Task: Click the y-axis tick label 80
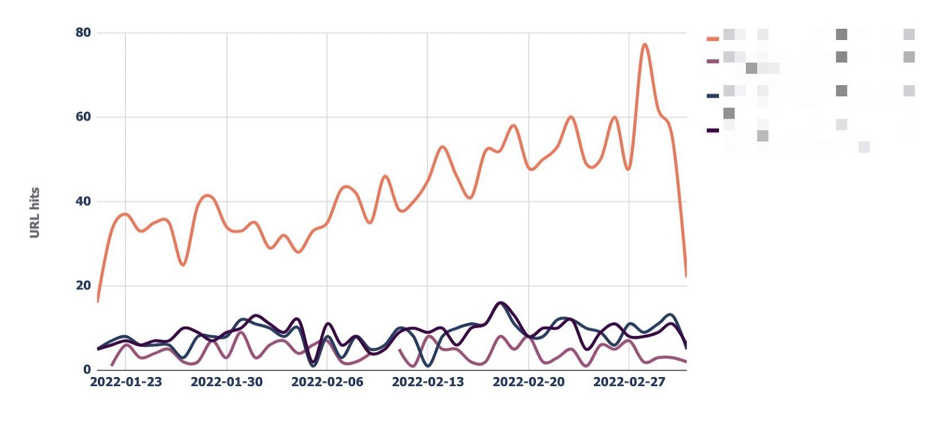(83, 32)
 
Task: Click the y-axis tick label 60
(83, 116)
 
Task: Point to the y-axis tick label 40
(83, 201)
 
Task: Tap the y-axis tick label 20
(83, 286)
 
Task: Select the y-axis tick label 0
(87, 370)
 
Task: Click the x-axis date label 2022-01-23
(126, 382)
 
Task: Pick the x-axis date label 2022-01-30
(227, 382)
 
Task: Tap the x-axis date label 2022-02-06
(327, 382)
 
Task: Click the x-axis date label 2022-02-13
(428, 382)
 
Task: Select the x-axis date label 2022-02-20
(528, 382)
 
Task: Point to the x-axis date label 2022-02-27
(629, 382)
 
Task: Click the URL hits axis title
(35, 212)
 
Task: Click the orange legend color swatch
(712, 39)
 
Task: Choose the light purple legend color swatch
(712, 61)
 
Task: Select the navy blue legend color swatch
(712, 95)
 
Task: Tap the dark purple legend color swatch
(712, 130)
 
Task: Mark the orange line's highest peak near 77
(644, 44)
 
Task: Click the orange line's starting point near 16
(97, 301)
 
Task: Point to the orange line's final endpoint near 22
(685, 276)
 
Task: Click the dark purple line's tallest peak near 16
(500, 303)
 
